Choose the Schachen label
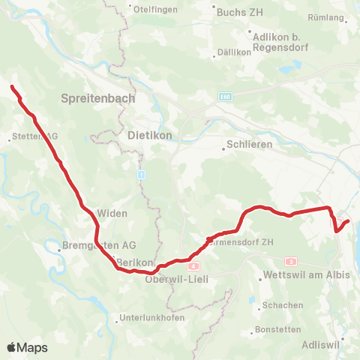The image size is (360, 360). (283, 305)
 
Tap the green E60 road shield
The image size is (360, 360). (226, 97)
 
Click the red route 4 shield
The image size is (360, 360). (193, 266)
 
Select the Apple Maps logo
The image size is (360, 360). (27, 347)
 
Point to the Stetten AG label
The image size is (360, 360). (34, 136)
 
